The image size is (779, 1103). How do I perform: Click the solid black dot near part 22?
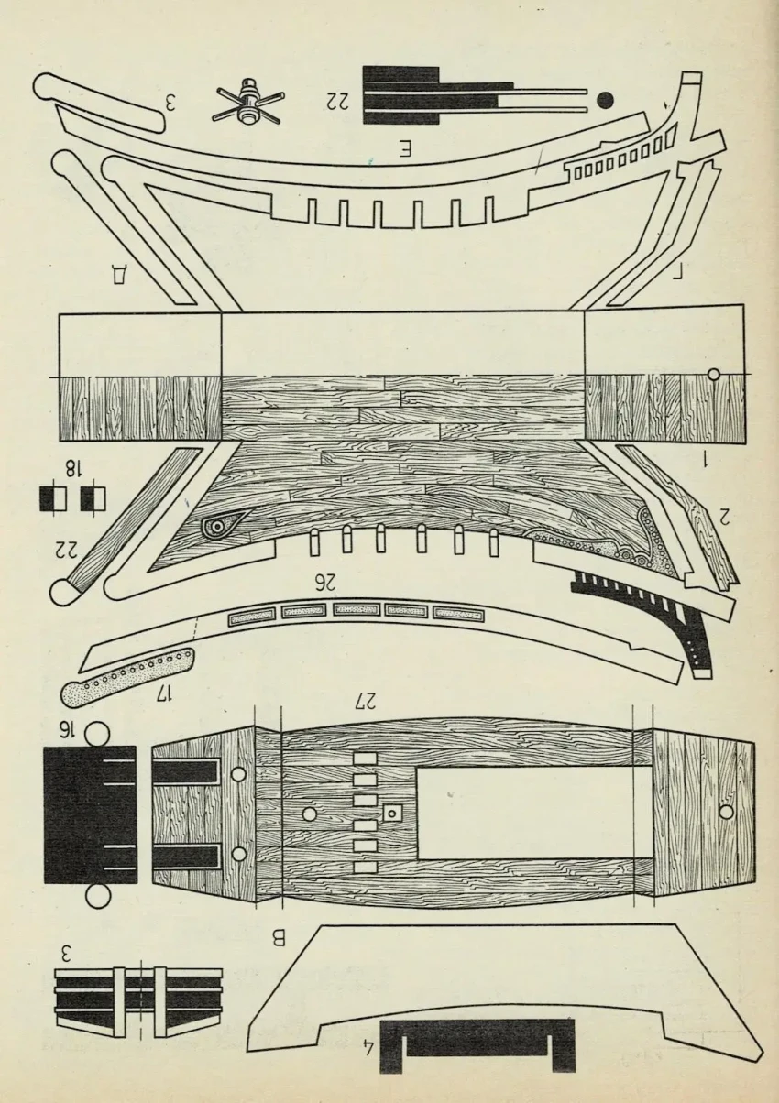(605, 99)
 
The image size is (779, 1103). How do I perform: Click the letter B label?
(280, 937)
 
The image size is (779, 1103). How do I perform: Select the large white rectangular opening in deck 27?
(522, 813)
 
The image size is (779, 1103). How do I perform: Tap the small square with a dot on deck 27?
(393, 812)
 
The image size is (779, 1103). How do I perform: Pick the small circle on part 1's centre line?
(714, 374)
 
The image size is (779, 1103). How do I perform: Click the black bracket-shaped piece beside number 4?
(476, 1044)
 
